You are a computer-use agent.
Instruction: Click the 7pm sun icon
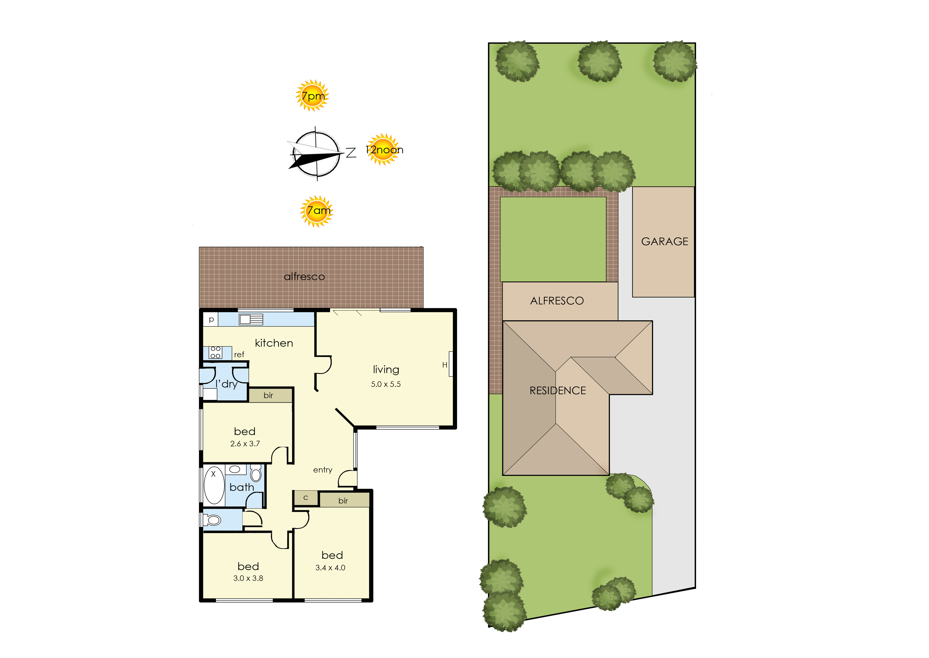pyautogui.click(x=312, y=96)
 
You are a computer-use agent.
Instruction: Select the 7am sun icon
pyautogui.click(x=317, y=211)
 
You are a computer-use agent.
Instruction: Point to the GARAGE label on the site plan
pyautogui.click(x=664, y=242)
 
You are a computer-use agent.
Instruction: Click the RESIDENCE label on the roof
pyautogui.click(x=558, y=391)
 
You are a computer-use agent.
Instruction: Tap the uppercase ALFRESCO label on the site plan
pyautogui.click(x=557, y=301)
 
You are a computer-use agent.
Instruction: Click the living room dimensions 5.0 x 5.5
pyautogui.click(x=386, y=384)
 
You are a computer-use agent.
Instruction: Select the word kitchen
pyautogui.click(x=274, y=343)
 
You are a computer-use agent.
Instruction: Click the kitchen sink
pyautogui.click(x=251, y=319)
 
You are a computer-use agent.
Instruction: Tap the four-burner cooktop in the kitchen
pyautogui.click(x=215, y=352)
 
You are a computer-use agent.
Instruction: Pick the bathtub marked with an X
pyautogui.click(x=214, y=485)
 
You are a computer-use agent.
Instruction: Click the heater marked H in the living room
pyautogui.click(x=450, y=364)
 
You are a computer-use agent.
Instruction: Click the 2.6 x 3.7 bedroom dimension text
pyautogui.click(x=245, y=444)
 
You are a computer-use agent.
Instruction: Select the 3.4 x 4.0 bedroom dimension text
pyautogui.click(x=330, y=568)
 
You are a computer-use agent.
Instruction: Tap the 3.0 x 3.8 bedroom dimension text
pyautogui.click(x=248, y=578)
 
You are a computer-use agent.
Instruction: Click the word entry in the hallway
pyautogui.click(x=323, y=470)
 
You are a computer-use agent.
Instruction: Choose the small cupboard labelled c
pyautogui.click(x=306, y=498)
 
